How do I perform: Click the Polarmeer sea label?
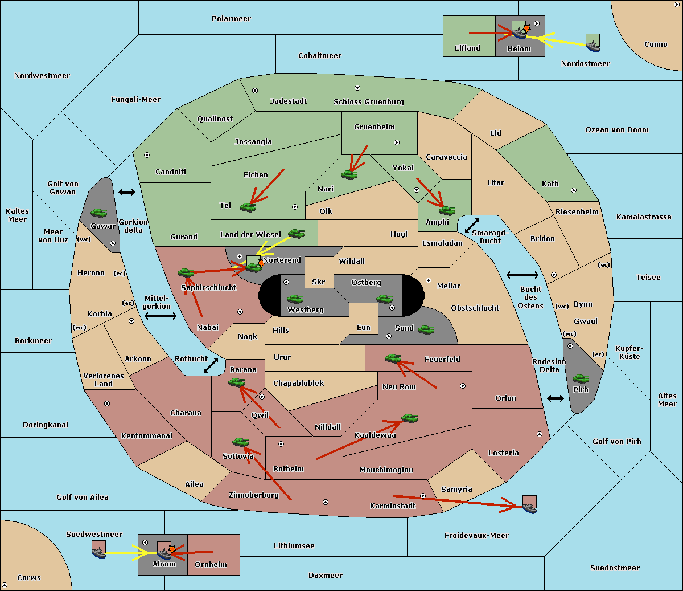[x=231, y=19]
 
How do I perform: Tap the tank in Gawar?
[x=99, y=213]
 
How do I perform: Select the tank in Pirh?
[x=581, y=379]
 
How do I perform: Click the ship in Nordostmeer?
[x=593, y=43]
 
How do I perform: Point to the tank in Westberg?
[x=295, y=299]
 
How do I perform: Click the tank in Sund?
[x=426, y=329]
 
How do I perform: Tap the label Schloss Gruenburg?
[x=368, y=102]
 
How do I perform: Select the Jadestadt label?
[x=288, y=101]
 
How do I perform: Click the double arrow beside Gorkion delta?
[x=126, y=193]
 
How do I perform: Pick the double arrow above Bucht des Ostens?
[x=522, y=275]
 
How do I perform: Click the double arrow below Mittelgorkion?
[x=161, y=316]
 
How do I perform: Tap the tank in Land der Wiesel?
[x=296, y=233]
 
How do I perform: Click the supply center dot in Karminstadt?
[x=423, y=496]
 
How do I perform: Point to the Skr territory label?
[x=319, y=282]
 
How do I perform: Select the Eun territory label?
[x=364, y=327]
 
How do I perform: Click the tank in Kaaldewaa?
[x=409, y=418]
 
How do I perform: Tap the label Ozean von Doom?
[x=616, y=130]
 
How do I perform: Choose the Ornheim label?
[x=211, y=565]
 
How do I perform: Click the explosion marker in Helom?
[x=527, y=27]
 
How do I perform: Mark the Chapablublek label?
[x=298, y=384]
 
